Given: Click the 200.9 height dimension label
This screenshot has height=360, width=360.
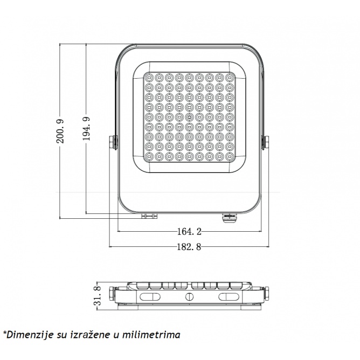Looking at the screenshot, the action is pyautogui.click(x=60, y=131).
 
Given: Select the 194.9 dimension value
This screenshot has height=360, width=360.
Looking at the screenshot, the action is pyautogui.click(x=87, y=129).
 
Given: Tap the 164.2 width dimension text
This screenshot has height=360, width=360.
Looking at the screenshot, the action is pyautogui.click(x=189, y=231).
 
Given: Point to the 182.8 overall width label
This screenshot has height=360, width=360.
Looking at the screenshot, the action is pyautogui.click(x=189, y=247).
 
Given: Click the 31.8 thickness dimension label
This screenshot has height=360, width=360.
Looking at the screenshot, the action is pyautogui.click(x=98, y=296).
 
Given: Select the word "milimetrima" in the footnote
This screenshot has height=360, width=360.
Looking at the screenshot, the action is pyautogui.click(x=151, y=335).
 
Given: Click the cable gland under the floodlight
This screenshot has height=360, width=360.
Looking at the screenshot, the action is pyautogui.click(x=229, y=218).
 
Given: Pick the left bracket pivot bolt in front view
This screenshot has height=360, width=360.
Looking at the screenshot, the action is pyautogui.click(x=113, y=142).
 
